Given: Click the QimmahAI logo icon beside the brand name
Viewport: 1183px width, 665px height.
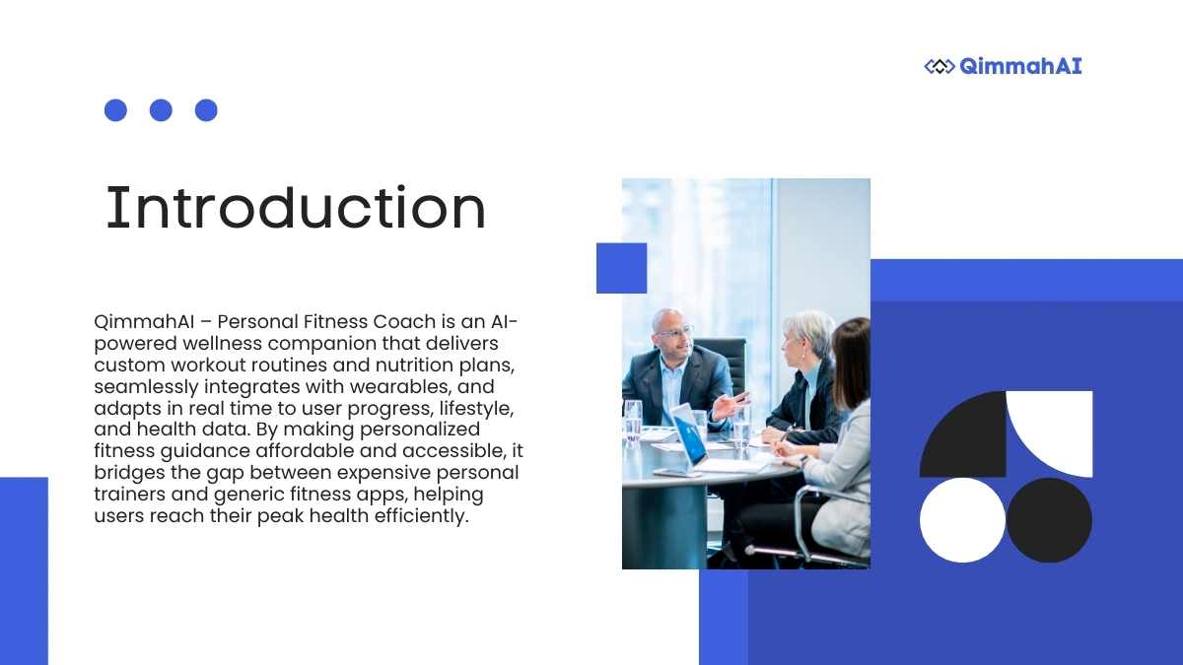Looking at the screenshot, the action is pyautogui.click(x=939, y=67).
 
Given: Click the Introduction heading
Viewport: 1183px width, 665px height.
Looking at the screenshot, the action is pyautogui.click(x=296, y=208).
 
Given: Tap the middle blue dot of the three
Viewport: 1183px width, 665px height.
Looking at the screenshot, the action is pyautogui.click(x=161, y=110).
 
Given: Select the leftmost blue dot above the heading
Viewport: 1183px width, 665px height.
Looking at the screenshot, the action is pyautogui.click(x=115, y=110).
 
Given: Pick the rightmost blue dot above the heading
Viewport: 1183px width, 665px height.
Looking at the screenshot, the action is pyautogui.click(x=206, y=110).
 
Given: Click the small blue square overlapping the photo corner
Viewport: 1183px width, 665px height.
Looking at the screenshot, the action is pyautogui.click(x=622, y=268).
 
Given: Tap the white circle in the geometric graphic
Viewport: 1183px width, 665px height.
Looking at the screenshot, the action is pyautogui.click(x=962, y=520).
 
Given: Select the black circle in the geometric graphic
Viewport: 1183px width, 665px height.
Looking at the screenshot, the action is pyautogui.click(x=1049, y=520).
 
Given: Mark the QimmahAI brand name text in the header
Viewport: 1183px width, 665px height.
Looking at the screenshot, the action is pyautogui.click(x=1020, y=67).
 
